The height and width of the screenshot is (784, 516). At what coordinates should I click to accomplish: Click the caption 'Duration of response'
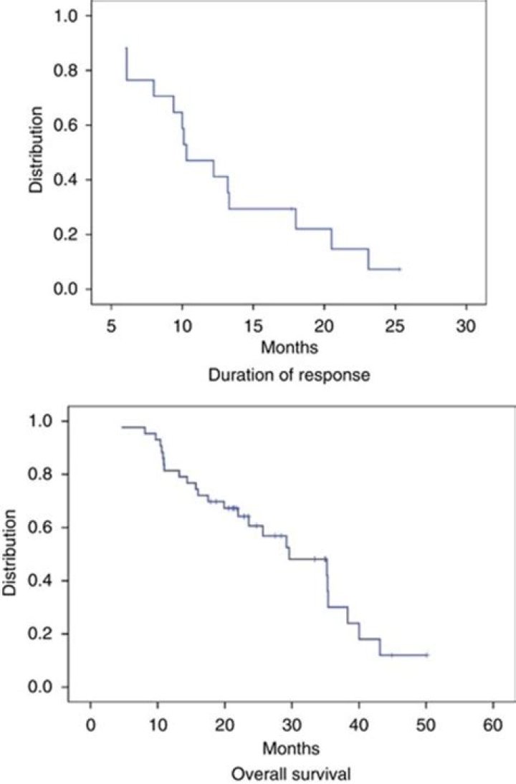290,374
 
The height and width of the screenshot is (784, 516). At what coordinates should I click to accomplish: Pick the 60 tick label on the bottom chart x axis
493,725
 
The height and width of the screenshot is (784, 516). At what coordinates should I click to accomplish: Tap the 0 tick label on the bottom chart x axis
90,725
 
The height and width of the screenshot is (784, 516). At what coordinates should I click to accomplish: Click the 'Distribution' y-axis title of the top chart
35,150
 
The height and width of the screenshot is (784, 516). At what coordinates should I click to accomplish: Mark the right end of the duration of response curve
399,269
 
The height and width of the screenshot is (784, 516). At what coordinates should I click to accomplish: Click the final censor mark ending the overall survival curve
427,654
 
